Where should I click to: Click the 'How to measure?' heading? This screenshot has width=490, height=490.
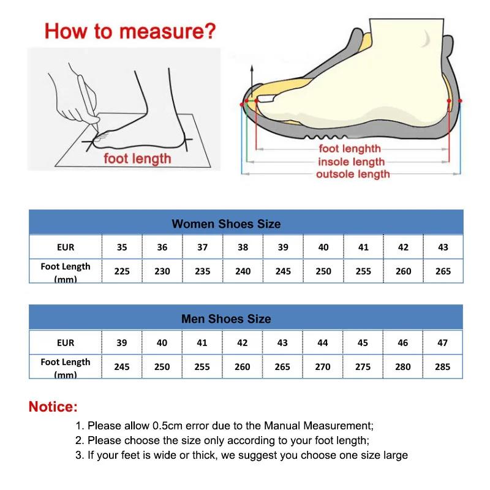(130, 31)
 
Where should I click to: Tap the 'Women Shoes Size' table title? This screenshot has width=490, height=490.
(226, 224)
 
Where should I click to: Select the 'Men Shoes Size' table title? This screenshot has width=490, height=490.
(226, 318)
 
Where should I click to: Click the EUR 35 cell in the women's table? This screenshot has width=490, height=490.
(122, 247)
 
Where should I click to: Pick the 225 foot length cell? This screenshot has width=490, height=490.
(122, 271)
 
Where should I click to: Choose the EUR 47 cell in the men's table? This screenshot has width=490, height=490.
(442, 343)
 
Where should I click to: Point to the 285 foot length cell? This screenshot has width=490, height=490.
(442, 366)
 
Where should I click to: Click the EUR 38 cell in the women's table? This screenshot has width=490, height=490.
(243, 247)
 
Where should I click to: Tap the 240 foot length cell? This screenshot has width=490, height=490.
(243, 271)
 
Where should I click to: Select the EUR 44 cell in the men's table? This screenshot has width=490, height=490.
(323, 343)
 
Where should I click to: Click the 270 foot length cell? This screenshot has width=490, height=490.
(323, 366)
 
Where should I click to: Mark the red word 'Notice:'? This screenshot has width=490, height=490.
(53, 407)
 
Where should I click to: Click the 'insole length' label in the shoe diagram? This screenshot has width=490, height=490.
(351, 162)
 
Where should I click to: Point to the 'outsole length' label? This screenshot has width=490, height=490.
(353, 175)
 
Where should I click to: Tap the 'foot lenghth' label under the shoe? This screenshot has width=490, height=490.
(350, 149)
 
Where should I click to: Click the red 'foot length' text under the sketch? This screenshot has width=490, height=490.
(137, 159)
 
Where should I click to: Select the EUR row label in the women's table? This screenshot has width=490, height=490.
(66, 247)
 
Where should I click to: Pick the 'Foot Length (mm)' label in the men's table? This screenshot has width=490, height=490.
(66, 367)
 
